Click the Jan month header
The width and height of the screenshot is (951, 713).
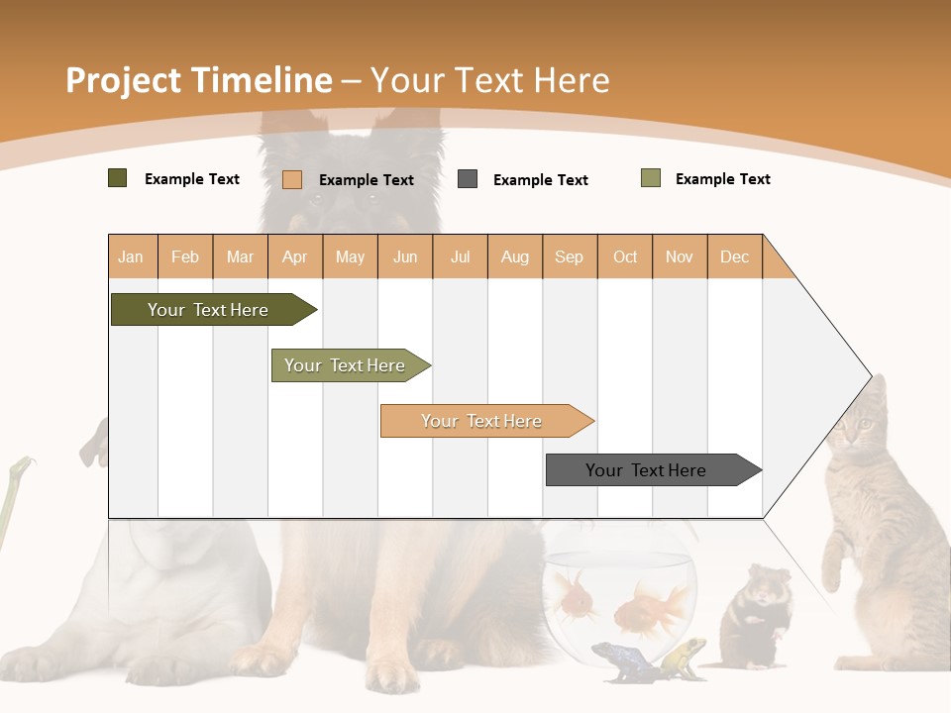tap(131, 257)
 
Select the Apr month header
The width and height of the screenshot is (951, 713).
tap(294, 257)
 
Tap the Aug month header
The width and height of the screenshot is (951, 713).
tap(514, 257)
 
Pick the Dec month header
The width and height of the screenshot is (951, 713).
tap(734, 257)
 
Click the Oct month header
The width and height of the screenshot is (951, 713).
tap(624, 257)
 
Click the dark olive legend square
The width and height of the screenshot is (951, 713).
tap(118, 178)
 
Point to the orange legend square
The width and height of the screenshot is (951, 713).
tap(292, 179)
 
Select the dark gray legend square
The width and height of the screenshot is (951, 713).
tap(468, 179)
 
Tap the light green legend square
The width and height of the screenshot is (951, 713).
tap(651, 178)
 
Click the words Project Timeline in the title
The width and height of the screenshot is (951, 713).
tap(198, 80)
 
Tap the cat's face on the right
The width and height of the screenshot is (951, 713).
tap(858, 427)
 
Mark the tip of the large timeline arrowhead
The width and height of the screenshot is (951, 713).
tap(871, 376)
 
